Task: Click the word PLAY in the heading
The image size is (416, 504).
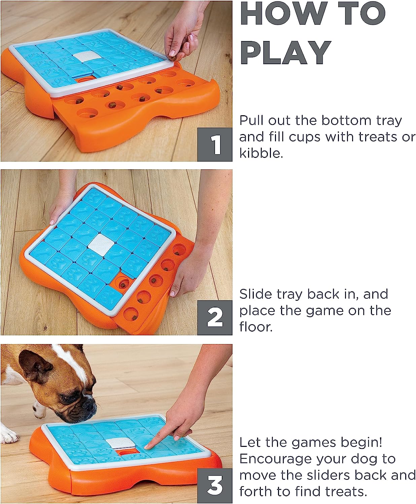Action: coord(285,52)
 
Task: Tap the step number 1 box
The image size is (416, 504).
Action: coord(215,144)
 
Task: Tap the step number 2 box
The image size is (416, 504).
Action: coord(215,318)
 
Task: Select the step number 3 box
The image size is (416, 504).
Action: coord(215,486)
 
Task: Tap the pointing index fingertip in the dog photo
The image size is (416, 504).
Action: coord(147,447)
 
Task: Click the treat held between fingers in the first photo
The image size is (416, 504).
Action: coord(173,58)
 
